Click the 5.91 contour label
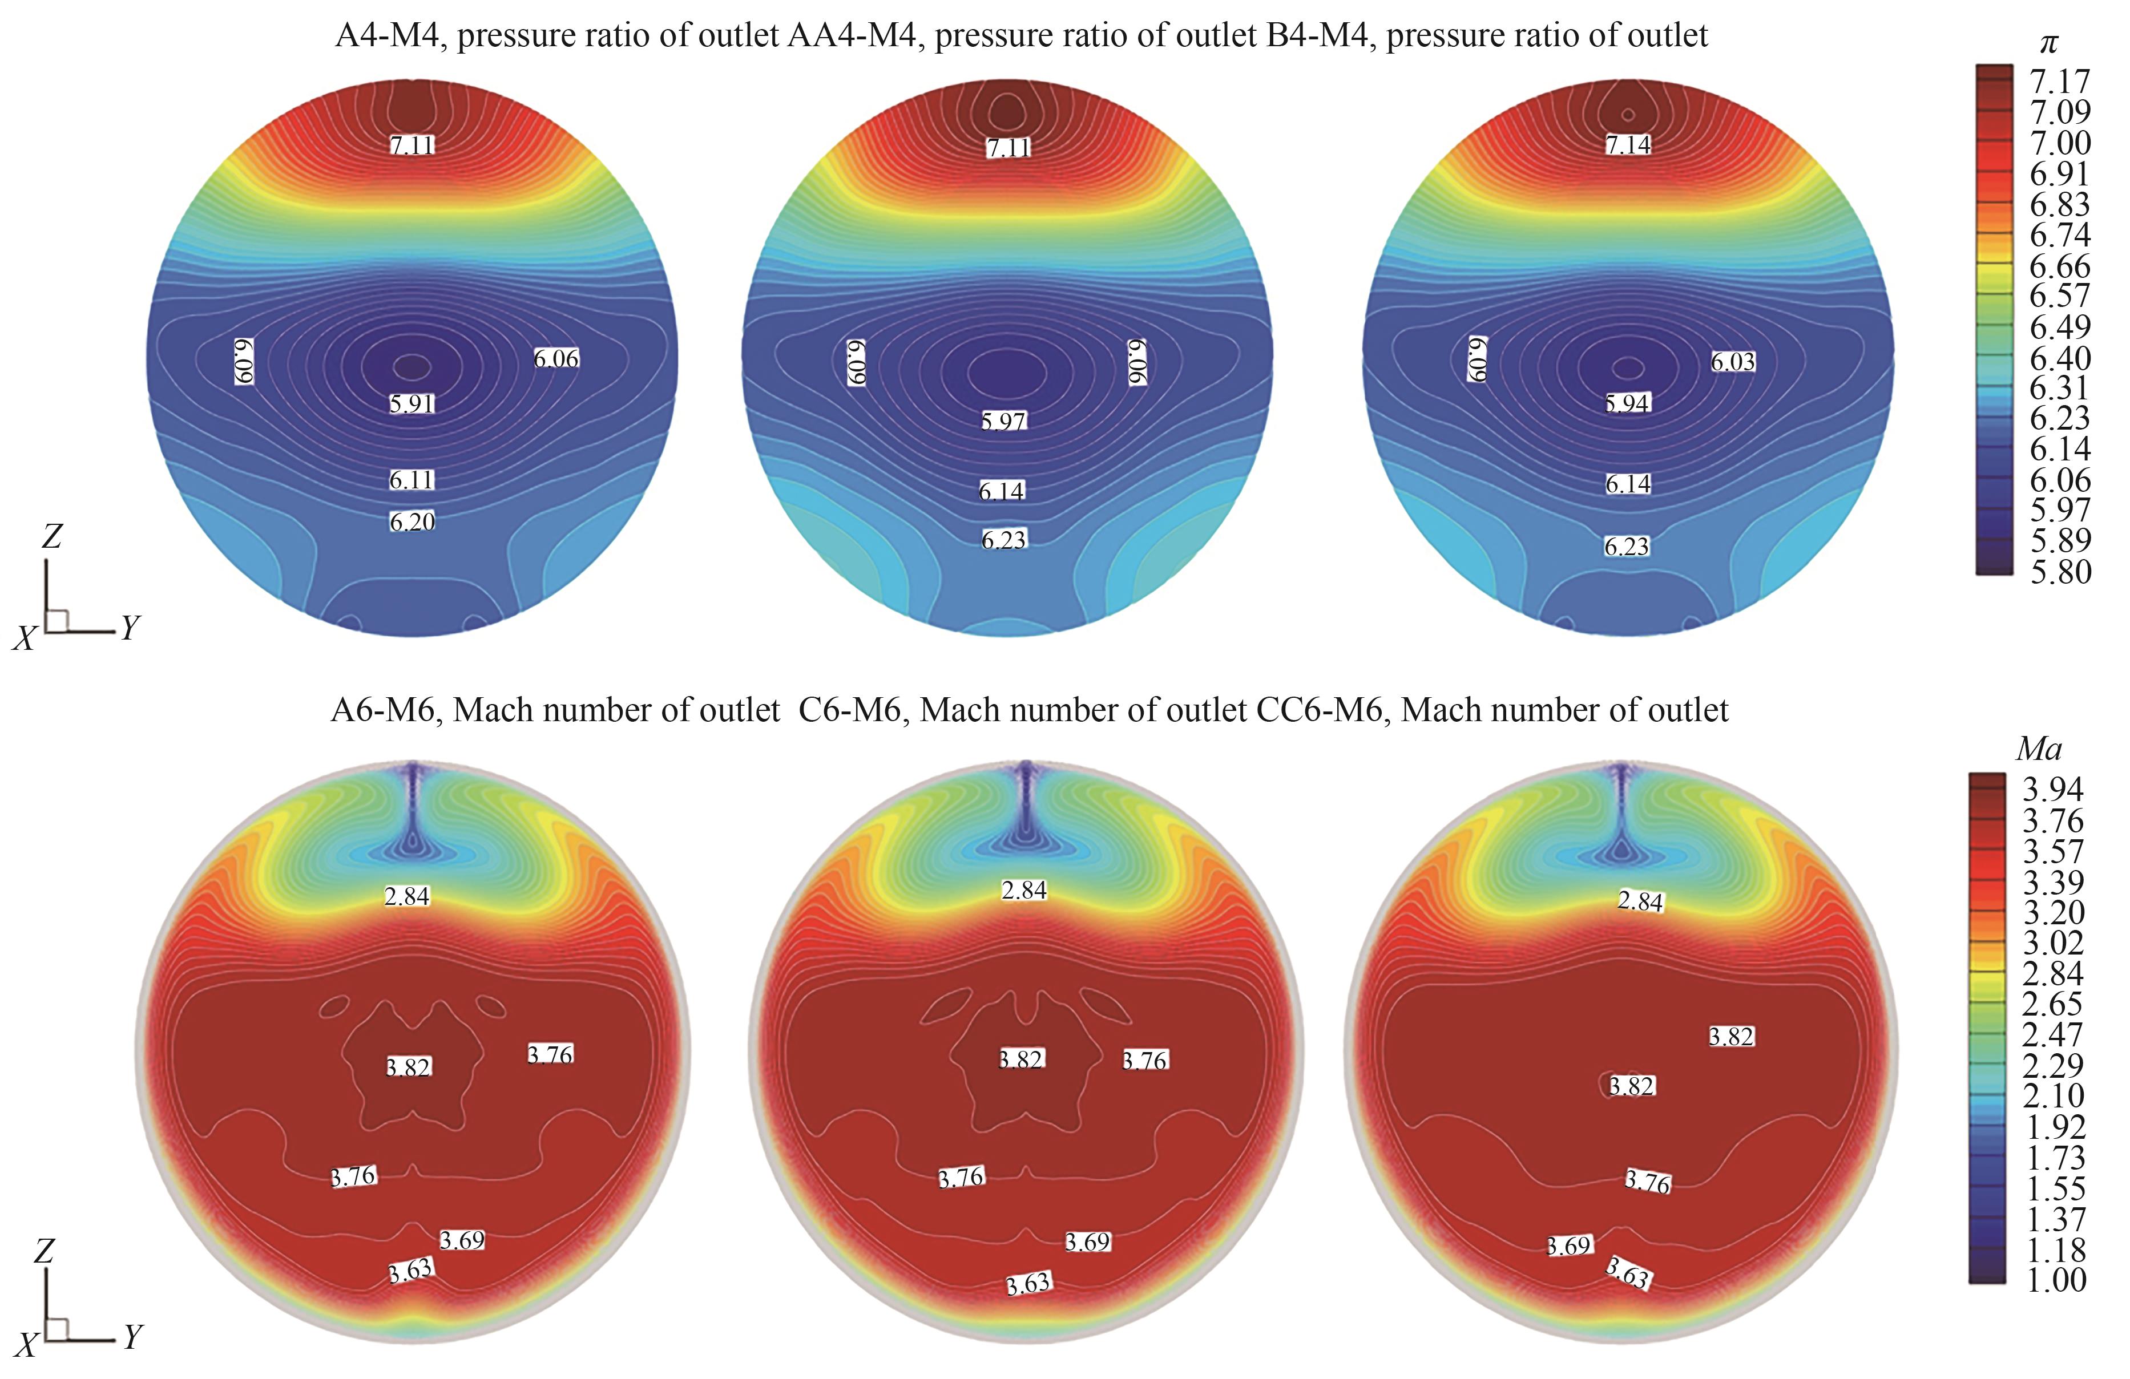pos(412,403)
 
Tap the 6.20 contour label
pos(412,521)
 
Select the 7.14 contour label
pos(1628,145)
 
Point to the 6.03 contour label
pos(1733,362)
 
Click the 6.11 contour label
pos(412,480)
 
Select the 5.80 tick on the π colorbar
pos(2059,571)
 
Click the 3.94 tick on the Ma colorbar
pos(2054,789)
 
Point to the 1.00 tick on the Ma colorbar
pos(2054,1280)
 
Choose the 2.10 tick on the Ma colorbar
pos(2054,1095)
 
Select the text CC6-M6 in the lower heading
pos(1323,710)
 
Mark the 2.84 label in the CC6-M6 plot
pos(1640,901)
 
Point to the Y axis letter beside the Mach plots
pos(132,1336)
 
